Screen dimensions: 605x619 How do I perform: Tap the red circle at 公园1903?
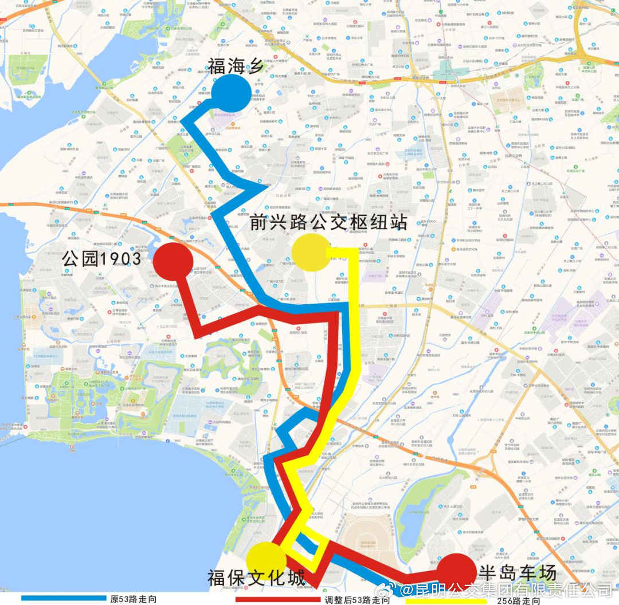pyautogui.click(x=173, y=261)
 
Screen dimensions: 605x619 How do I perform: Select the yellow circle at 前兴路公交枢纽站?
pyautogui.click(x=311, y=252)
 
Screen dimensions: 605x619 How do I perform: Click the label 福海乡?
pyautogui.click(x=236, y=66)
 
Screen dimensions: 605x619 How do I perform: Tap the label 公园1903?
pyautogui.click(x=101, y=260)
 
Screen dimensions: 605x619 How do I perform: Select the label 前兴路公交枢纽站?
pyautogui.click(x=328, y=222)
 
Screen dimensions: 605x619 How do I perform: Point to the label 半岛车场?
pyautogui.click(x=517, y=572)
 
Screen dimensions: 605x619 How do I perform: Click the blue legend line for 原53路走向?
pyautogui.click(x=63, y=598)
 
